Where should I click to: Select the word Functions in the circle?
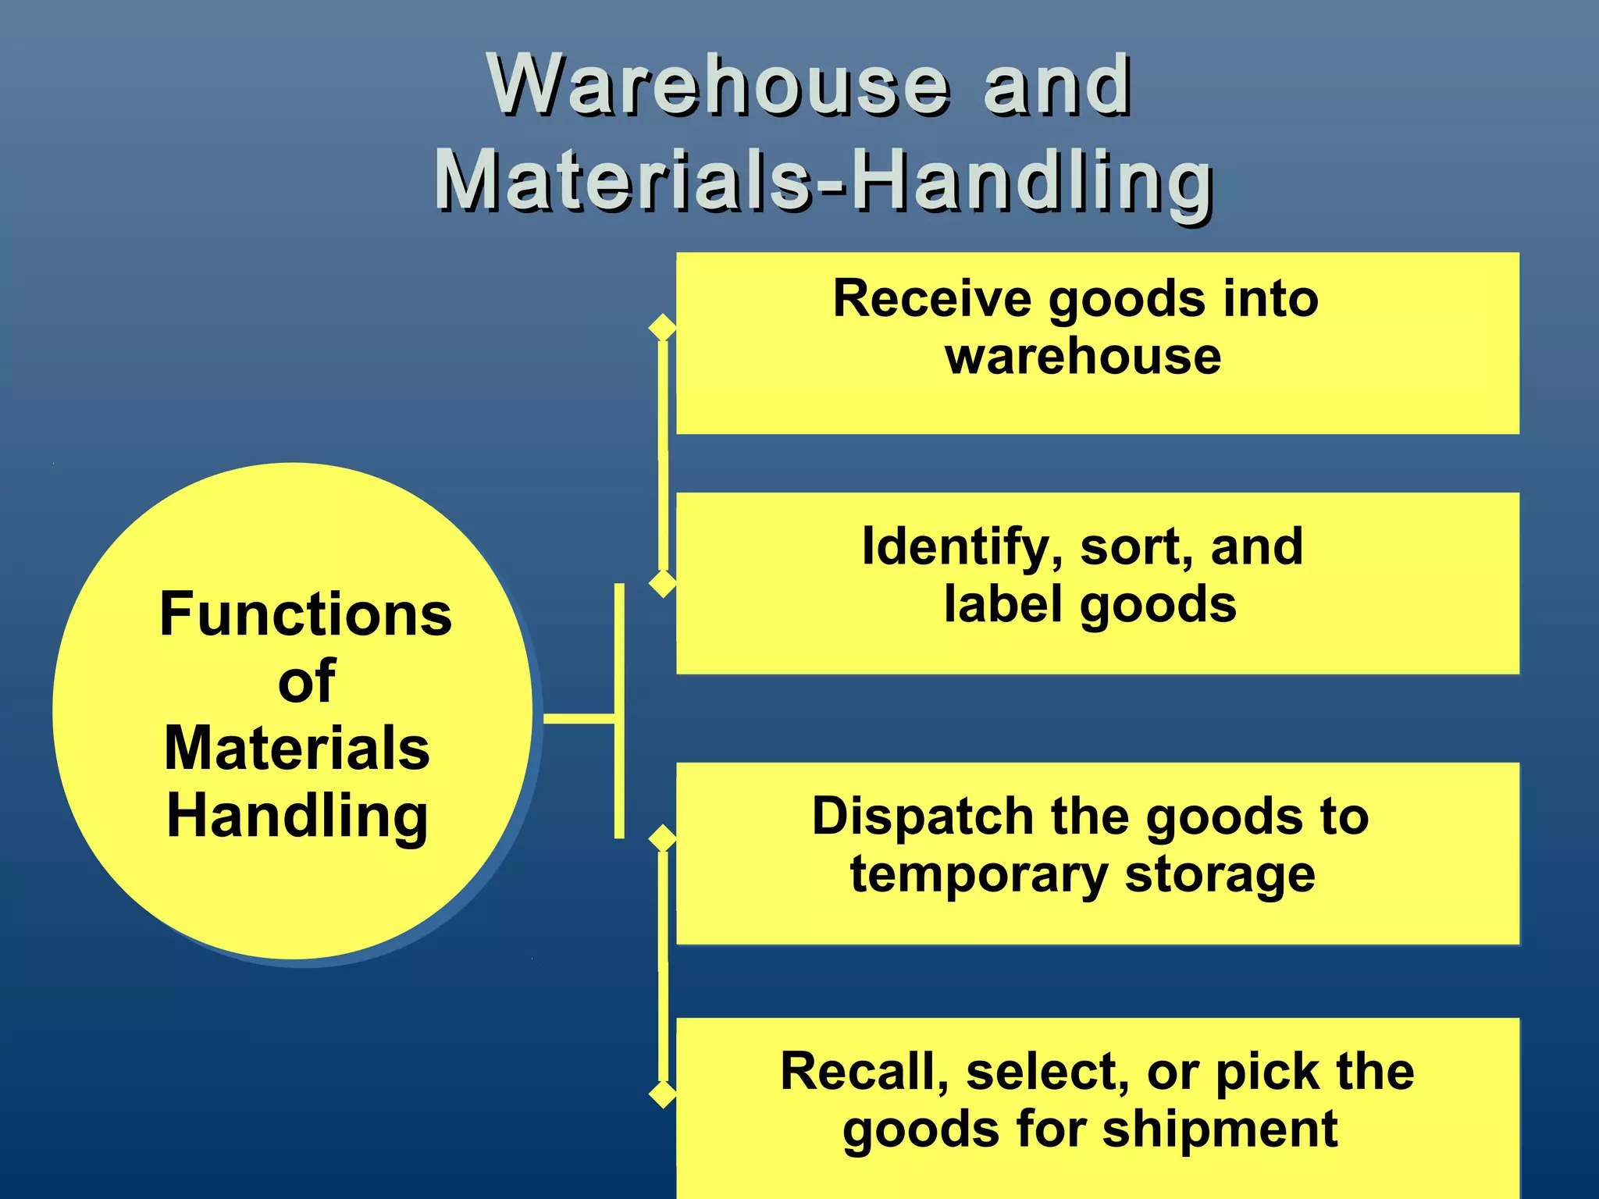pos(305,614)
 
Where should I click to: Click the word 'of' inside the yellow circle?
pos(306,681)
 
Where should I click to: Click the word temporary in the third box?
pos(978,874)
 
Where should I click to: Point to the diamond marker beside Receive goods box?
pos(663,327)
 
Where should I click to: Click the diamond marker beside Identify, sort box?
pos(663,583)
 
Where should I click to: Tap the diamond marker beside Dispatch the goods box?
pos(663,838)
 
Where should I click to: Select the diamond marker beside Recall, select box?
pos(663,1094)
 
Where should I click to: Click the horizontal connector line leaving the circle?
pos(579,718)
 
